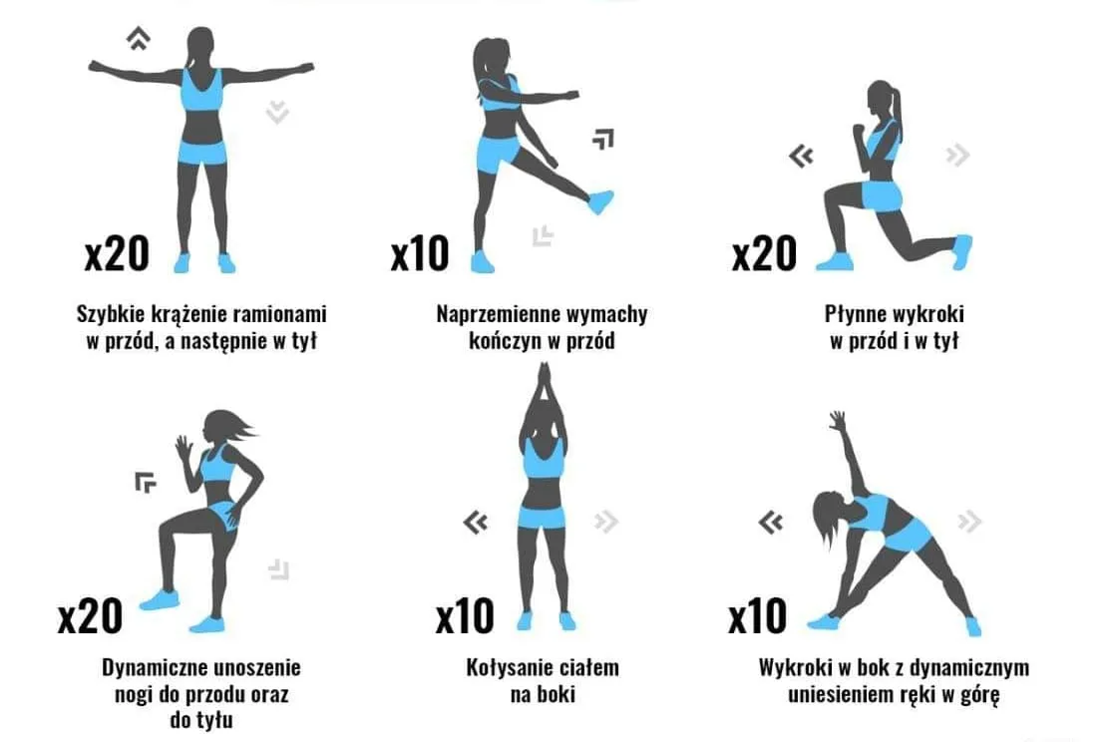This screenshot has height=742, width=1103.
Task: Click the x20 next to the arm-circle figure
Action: pos(117,253)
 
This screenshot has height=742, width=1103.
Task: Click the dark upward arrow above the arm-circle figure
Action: pos(139,38)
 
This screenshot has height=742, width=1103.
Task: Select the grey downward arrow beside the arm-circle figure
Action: pos(277,112)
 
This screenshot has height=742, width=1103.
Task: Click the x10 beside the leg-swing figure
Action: pos(420,253)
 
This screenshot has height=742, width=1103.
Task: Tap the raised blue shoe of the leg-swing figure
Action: pos(600,201)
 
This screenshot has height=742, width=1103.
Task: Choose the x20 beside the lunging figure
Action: pos(764,253)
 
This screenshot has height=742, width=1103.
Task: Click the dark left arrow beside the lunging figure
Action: pos(801,157)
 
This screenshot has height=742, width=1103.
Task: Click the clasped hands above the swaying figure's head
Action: pos(544,384)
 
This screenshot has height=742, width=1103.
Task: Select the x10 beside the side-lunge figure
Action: pos(757,616)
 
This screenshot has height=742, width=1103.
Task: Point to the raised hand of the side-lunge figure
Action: pos(837,421)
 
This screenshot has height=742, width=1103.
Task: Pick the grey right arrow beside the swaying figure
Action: pos(606,522)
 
